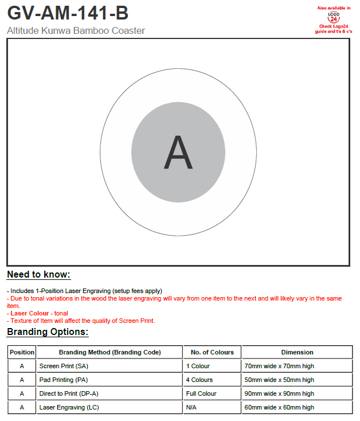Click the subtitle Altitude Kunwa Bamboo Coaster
pyautogui.click(x=76, y=30)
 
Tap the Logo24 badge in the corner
pyautogui.click(x=333, y=19)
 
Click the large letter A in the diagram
pyautogui.click(x=178, y=153)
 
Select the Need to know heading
pyautogui.click(x=38, y=275)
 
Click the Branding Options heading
pyautogui.click(x=48, y=332)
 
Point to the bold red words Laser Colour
pyautogui.click(x=30, y=313)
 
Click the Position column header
pyautogui.click(x=22, y=352)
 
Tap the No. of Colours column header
pyautogui.click(x=212, y=352)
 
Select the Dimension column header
pyautogui.click(x=297, y=352)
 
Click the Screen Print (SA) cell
pyautogui.click(x=64, y=366)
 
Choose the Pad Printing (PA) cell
pyautogui.click(x=63, y=380)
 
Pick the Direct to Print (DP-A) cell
pyautogui.click(x=69, y=393)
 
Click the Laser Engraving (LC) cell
pyautogui.click(x=69, y=407)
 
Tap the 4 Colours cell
pyautogui.click(x=199, y=380)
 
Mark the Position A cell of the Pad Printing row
pyautogui.click(x=22, y=380)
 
